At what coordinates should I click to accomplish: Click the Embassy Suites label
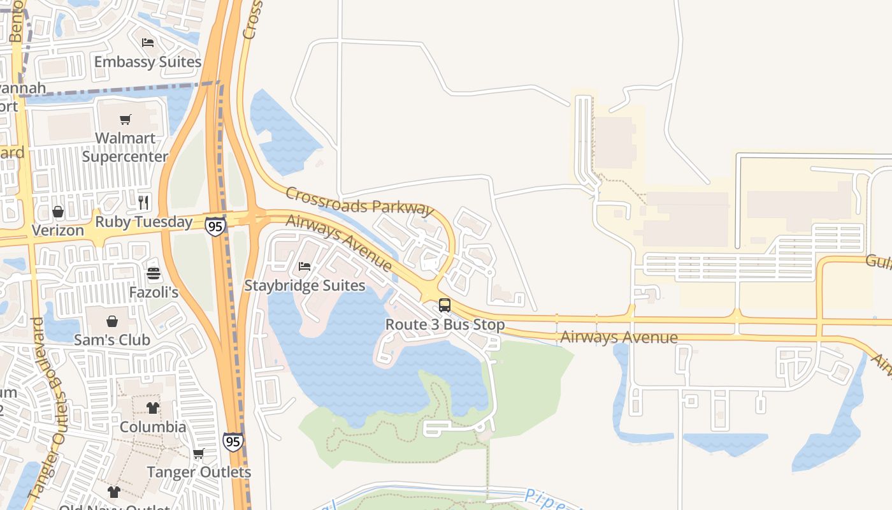148,62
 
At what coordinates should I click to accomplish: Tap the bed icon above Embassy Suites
148,43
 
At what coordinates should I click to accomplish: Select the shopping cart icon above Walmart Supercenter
126,119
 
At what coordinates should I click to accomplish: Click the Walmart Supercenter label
125,147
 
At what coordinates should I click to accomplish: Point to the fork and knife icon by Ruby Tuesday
143,203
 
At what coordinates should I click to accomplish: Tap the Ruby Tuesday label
144,222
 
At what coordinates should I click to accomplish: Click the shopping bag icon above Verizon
58,211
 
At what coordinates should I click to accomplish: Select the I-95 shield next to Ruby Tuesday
215,226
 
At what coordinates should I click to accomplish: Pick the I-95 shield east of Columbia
233,441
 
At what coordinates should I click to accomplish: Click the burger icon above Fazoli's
154,273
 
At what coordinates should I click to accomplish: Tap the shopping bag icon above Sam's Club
112,321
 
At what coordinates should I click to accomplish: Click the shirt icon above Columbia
153,407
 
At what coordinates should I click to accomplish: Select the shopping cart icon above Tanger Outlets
199,453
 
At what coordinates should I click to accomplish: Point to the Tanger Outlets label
199,472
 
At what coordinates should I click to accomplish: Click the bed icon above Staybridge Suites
305,266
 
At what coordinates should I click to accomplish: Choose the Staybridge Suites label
305,285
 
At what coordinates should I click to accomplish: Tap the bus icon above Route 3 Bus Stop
445,305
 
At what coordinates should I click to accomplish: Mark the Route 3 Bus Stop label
445,324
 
